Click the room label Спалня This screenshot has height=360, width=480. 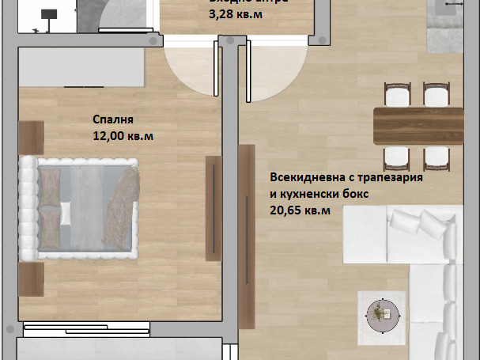click(113, 120)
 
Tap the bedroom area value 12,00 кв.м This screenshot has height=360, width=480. click(123, 135)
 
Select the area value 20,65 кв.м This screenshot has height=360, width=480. click(300, 210)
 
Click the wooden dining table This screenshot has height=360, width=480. click(418, 126)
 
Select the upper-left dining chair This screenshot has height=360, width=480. click(395, 95)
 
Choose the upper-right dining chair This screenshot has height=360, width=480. click(436, 95)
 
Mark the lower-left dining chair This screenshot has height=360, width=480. click(395, 156)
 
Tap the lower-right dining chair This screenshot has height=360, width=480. click(436, 156)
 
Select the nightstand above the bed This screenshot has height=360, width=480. click(31, 137)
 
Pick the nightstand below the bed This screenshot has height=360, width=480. click(31, 279)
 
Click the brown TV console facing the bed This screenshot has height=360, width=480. click(214, 208)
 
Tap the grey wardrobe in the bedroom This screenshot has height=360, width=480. click(80, 67)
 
